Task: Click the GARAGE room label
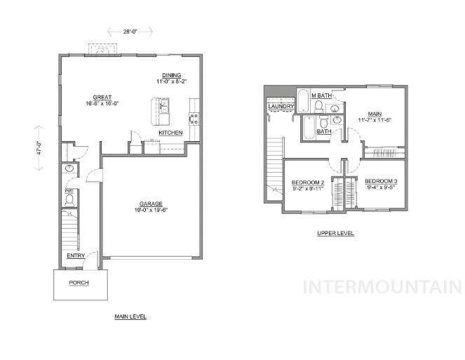tap(151, 204)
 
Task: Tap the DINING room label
tap(172, 75)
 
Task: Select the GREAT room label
tap(102, 97)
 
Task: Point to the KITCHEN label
tap(170, 133)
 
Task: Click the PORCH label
tap(79, 283)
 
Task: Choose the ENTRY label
tap(76, 255)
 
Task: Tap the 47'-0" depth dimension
tap(39, 149)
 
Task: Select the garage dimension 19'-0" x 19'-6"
tap(151, 210)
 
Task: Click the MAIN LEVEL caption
tap(130, 316)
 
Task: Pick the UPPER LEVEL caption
tap(336, 233)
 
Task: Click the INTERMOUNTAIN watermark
tap(381, 287)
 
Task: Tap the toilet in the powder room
tap(69, 200)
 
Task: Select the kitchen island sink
tap(163, 107)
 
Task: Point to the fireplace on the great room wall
tap(104, 50)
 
